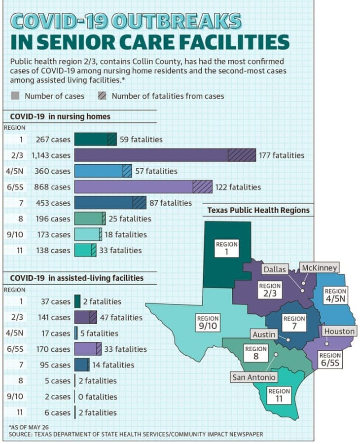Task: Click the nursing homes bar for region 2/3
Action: (165, 155)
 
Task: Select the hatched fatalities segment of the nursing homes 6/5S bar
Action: (202, 187)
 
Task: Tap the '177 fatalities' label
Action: (281, 155)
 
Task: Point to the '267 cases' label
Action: (53, 139)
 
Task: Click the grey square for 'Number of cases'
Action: (15, 96)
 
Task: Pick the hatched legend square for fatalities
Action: (102, 96)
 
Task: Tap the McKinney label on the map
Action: (319, 267)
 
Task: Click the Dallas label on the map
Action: (275, 269)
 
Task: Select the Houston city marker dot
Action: (326, 344)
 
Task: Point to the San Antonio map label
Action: (253, 377)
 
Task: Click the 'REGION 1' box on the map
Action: (226, 248)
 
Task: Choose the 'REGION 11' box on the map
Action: (279, 395)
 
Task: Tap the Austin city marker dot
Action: (288, 339)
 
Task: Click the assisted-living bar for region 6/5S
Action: (88, 349)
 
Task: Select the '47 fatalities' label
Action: (121, 317)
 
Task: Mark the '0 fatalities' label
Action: (98, 397)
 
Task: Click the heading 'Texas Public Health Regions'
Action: (258, 210)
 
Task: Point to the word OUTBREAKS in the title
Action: (176, 21)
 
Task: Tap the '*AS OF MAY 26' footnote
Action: (29, 427)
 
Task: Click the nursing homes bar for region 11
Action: (85, 250)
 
